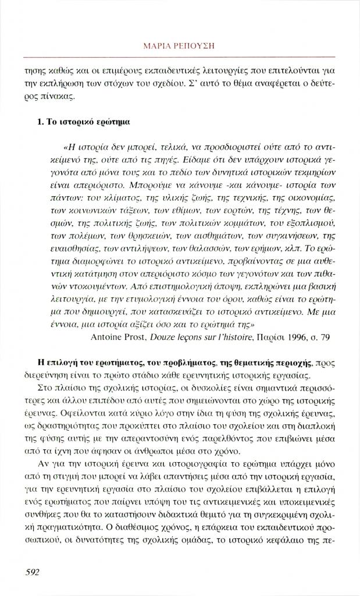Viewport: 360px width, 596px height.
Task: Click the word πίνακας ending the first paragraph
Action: tap(58, 96)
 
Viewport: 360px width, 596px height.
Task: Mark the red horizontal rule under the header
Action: tap(180, 57)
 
